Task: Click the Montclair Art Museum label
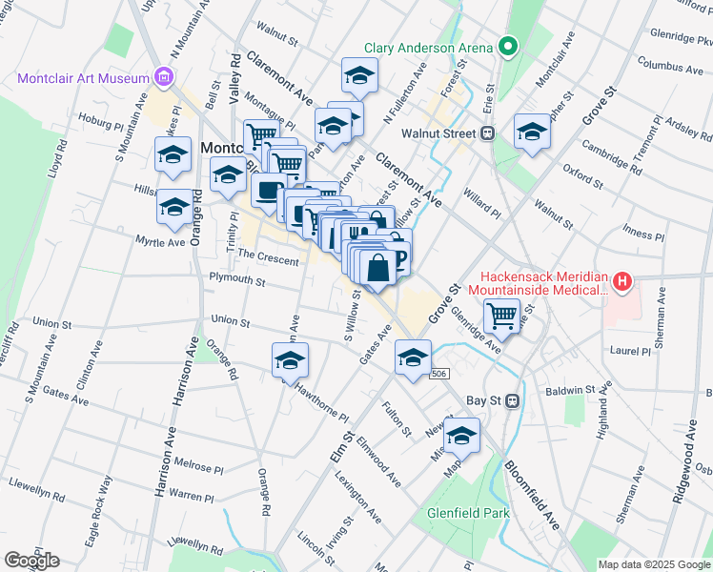(x=84, y=78)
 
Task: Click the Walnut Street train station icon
(x=488, y=133)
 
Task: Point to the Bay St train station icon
(x=512, y=400)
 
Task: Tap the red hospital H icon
(x=621, y=281)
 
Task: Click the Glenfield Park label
(x=468, y=513)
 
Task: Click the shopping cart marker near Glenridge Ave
(x=501, y=314)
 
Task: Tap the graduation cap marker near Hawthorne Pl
(x=290, y=362)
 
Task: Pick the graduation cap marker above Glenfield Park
(x=462, y=435)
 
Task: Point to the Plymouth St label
(x=237, y=280)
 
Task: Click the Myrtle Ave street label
(x=159, y=242)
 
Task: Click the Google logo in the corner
(x=31, y=560)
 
